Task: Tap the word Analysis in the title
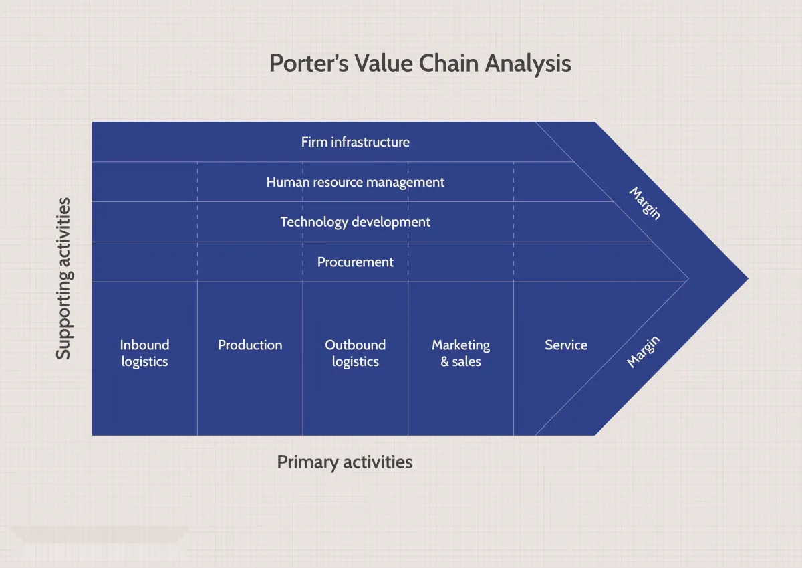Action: click(528, 63)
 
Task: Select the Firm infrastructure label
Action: click(355, 142)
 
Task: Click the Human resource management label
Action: click(355, 182)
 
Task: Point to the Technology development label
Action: click(355, 222)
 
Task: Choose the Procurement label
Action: click(355, 262)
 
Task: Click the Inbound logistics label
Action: click(144, 353)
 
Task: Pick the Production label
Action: click(250, 345)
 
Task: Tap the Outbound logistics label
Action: click(355, 353)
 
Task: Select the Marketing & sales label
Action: click(460, 353)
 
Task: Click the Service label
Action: click(565, 345)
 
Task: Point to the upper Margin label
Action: click(645, 203)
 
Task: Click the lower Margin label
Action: click(644, 352)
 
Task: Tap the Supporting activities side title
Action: click(63, 278)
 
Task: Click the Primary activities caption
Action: click(344, 462)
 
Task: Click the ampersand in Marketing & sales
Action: click(444, 362)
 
